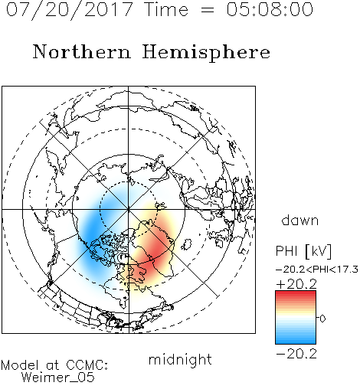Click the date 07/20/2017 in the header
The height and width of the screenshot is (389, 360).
point(69,10)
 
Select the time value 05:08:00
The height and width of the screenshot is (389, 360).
point(270,10)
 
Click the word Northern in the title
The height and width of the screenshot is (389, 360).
point(82,51)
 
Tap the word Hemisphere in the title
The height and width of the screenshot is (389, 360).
point(206,53)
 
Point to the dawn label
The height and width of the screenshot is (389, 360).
point(300,220)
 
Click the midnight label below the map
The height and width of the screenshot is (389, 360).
point(180,359)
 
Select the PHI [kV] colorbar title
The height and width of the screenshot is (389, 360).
point(303,251)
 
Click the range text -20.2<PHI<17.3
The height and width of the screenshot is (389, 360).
point(317,270)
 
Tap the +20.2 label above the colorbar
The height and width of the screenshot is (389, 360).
point(296,284)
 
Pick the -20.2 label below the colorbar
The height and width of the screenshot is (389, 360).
point(296,354)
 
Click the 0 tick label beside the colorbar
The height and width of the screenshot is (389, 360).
point(322,319)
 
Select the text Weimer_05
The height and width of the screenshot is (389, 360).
point(58,377)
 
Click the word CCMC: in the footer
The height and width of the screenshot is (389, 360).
point(87,365)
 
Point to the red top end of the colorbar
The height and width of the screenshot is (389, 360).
point(296,293)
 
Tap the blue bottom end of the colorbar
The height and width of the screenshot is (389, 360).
point(296,342)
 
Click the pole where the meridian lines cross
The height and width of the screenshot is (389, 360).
point(129,209)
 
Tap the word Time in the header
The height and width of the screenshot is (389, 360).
point(166,10)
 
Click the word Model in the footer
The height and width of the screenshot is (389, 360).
point(19,365)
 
